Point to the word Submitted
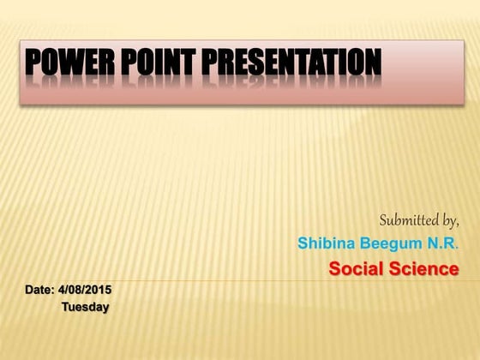(408, 219)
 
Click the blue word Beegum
(388, 243)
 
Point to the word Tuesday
(85, 307)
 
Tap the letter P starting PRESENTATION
(213, 63)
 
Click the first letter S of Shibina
(303, 243)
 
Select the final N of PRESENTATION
(371, 63)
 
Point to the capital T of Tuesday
(64, 307)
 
